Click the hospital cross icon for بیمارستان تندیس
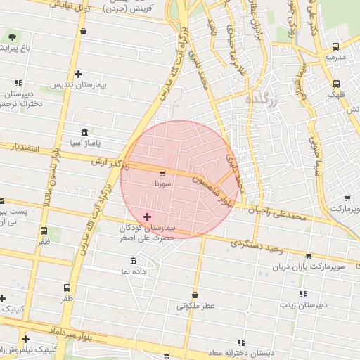pyautogui.click(x=77, y=74)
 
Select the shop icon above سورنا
pyautogui.click(x=162, y=173)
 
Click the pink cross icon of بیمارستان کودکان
pyautogui.click(x=146, y=217)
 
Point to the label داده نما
pyautogui.click(x=134, y=271)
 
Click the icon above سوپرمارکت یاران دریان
pyautogui.click(x=308, y=256)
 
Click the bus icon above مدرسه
pyautogui.click(x=335, y=47)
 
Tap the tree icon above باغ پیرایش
pyautogui.click(x=11, y=36)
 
